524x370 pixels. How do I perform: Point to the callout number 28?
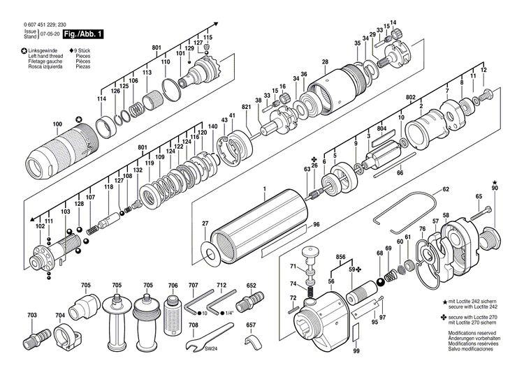[325, 63]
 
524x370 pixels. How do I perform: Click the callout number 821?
[246, 107]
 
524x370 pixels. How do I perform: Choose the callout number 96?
[316, 224]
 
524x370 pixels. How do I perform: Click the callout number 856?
[340, 256]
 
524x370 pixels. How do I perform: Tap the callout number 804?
[381, 130]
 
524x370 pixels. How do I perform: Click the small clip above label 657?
[252, 340]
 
